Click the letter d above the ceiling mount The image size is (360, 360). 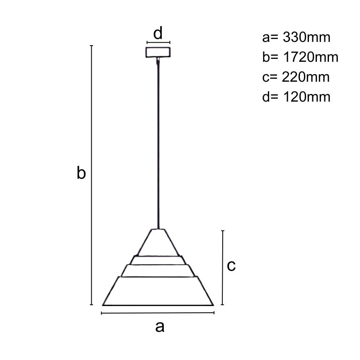(158, 34)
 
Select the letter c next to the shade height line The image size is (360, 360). (231, 265)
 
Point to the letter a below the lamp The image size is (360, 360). (160, 327)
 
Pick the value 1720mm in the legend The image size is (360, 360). (311, 57)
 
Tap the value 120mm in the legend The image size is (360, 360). (306, 97)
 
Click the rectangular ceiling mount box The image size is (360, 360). (158, 52)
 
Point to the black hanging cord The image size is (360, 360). (158, 145)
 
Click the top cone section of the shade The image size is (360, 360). (158, 243)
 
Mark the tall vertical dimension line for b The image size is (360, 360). (91, 174)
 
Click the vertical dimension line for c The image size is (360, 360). (223, 268)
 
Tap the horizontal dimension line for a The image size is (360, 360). (158, 313)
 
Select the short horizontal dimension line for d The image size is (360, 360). (158, 42)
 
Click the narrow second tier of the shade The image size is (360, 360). (158, 260)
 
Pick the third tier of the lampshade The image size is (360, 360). (158, 270)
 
